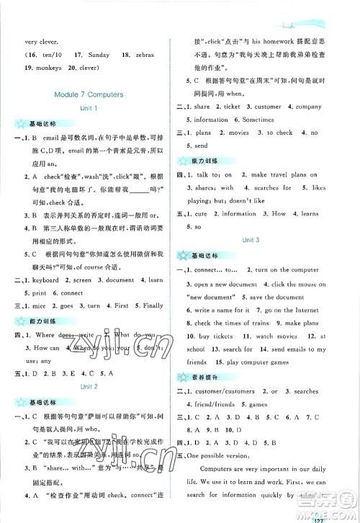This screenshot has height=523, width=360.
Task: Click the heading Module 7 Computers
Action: coord(90,94)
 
